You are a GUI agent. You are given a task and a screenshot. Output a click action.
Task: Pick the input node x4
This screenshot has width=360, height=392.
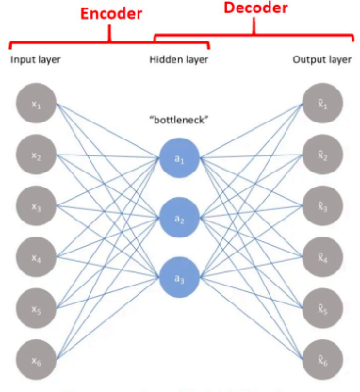tap(35, 254)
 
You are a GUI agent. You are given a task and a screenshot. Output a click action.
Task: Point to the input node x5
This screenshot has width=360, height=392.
tap(35, 305)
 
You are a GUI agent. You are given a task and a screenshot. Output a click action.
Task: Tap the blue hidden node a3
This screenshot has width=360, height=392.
tap(179, 278)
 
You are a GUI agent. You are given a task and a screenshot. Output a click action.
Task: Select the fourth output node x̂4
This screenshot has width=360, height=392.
tap(323, 254)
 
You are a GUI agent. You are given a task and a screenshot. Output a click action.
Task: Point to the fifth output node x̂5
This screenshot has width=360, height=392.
tap(323, 305)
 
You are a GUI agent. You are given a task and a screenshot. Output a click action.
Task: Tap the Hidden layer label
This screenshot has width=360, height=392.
tap(179, 60)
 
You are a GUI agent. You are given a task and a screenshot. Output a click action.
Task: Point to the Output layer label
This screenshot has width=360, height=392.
tap(321, 60)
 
